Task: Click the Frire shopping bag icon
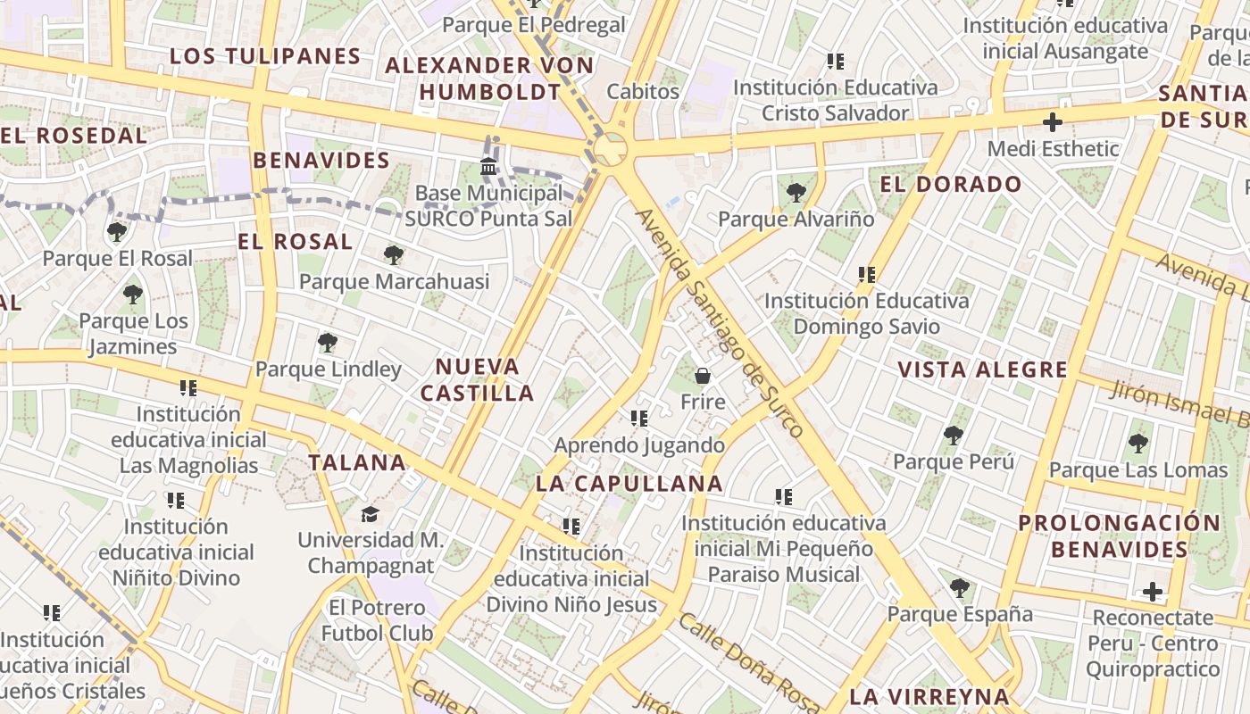pos(703,376)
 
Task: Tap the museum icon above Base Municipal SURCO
pos(488,166)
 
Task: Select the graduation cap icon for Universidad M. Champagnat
pos(370,514)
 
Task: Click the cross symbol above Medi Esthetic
pos(1053,121)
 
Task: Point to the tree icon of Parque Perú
pos(954,436)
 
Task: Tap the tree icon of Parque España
pos(960,588)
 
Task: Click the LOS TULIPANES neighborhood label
pos(265,56)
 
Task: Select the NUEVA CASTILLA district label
pos(478,379)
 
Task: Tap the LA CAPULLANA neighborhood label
pos(629,484)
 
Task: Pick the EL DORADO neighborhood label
pos(951,185)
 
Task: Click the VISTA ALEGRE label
pos(982,369)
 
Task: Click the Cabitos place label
pos(643,91)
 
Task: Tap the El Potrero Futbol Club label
pos(378,620)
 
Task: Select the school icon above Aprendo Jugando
pos(638,418)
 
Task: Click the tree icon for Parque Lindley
pos(328,342)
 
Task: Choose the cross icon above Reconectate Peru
pos(1153,591)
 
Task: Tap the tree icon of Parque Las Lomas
pos(1137,443)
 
